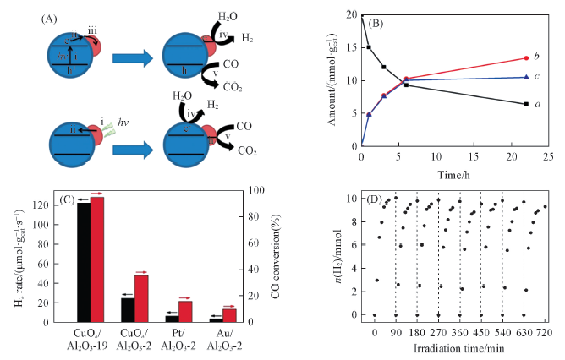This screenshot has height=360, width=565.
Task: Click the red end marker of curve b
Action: pyautogui.click(x=526, y=58)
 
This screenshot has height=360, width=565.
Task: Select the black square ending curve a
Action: pyautogui.click(x=526, y=104)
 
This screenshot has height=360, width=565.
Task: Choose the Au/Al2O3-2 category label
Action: pyautogui.click(x=222, y=340)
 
